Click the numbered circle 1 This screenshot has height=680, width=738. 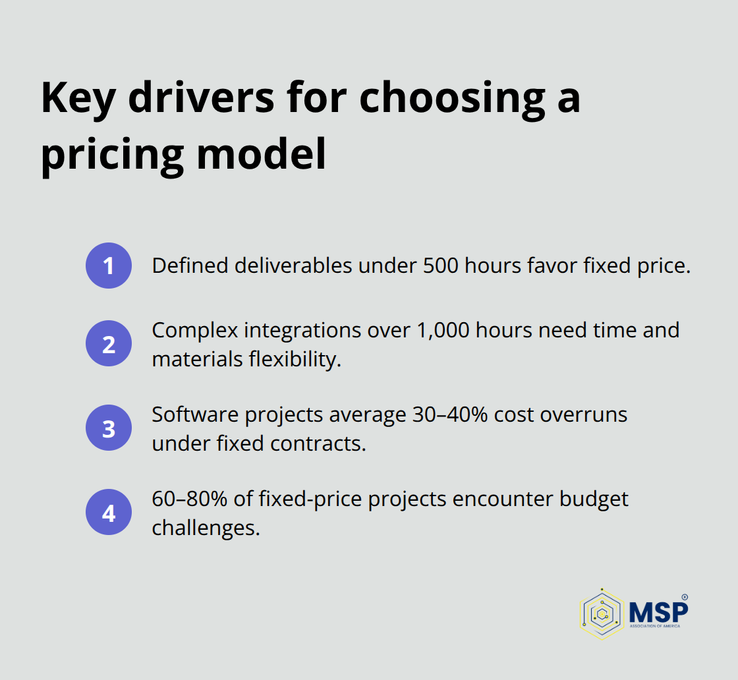109,266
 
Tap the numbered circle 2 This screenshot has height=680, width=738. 109,343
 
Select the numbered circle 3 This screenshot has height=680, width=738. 109,428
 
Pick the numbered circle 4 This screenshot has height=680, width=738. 109,511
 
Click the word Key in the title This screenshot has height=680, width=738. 78,98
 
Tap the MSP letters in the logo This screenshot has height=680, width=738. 658,610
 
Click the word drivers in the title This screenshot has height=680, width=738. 201,98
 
